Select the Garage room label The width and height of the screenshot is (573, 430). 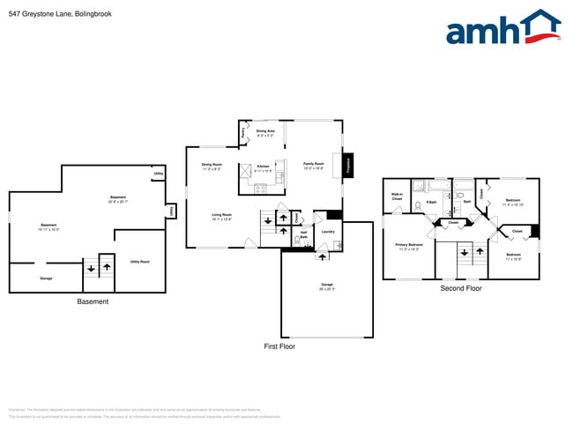(327, 286)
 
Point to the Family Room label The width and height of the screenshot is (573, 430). (314, 165)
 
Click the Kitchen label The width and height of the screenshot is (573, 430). (263, 167)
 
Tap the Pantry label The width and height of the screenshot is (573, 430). (242, 133)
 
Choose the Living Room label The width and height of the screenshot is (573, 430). (221, 215)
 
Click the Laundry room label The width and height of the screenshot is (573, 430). (328, 232)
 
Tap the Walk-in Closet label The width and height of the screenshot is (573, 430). (397, 198)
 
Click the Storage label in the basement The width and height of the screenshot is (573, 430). (46, 278)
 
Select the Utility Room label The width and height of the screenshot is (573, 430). (139, 262)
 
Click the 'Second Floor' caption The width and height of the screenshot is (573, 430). (461, 288)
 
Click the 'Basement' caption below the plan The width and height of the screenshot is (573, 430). (93, 301)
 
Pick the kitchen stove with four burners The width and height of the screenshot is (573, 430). (260, 187)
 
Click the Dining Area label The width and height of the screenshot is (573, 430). (265, 132)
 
